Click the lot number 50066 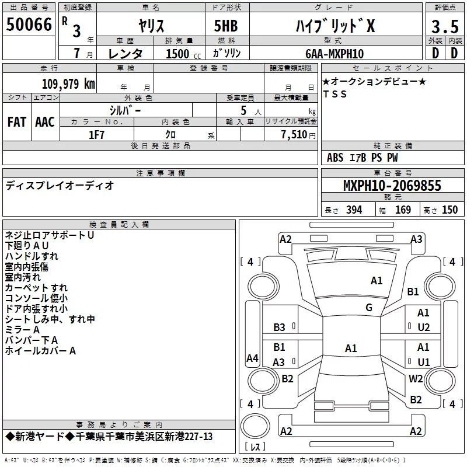click(x=29, y=25)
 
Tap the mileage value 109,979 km click(x=69, y=84)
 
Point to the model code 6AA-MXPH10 click(x=334, y=54)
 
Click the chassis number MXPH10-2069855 click(x=392, y=186)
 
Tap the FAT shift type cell click(x=17, y=122)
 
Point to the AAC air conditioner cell click(x=45, y=122)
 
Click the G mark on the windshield click(x=369, y=308)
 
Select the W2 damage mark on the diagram click(x=416, y=378)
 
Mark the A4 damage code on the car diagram click(x=252, y=358)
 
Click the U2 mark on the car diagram click(x=423, y=327)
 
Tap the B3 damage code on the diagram click(x=280, y=327)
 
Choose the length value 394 click(x=352, y=210)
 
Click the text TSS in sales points click(x=335, y=95)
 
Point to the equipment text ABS click(x=335, y=158)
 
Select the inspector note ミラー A click(x=22, y=330)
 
